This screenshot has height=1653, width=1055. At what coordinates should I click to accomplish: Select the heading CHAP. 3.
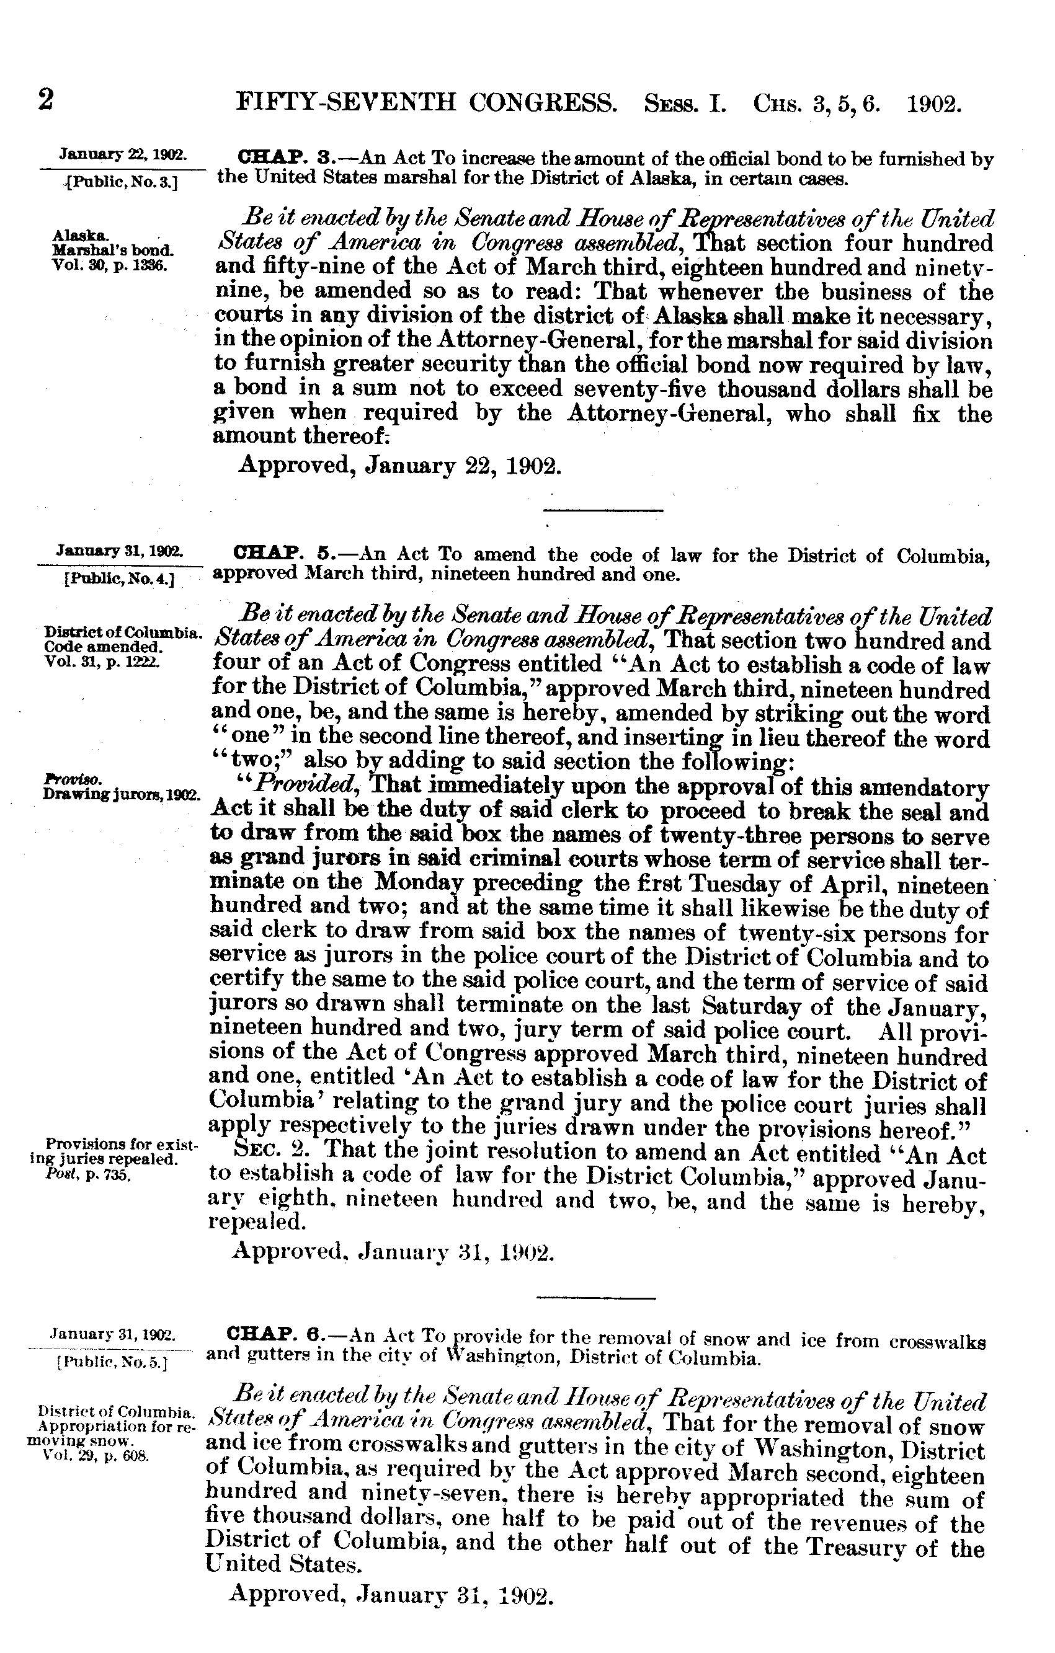coord(273,158)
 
